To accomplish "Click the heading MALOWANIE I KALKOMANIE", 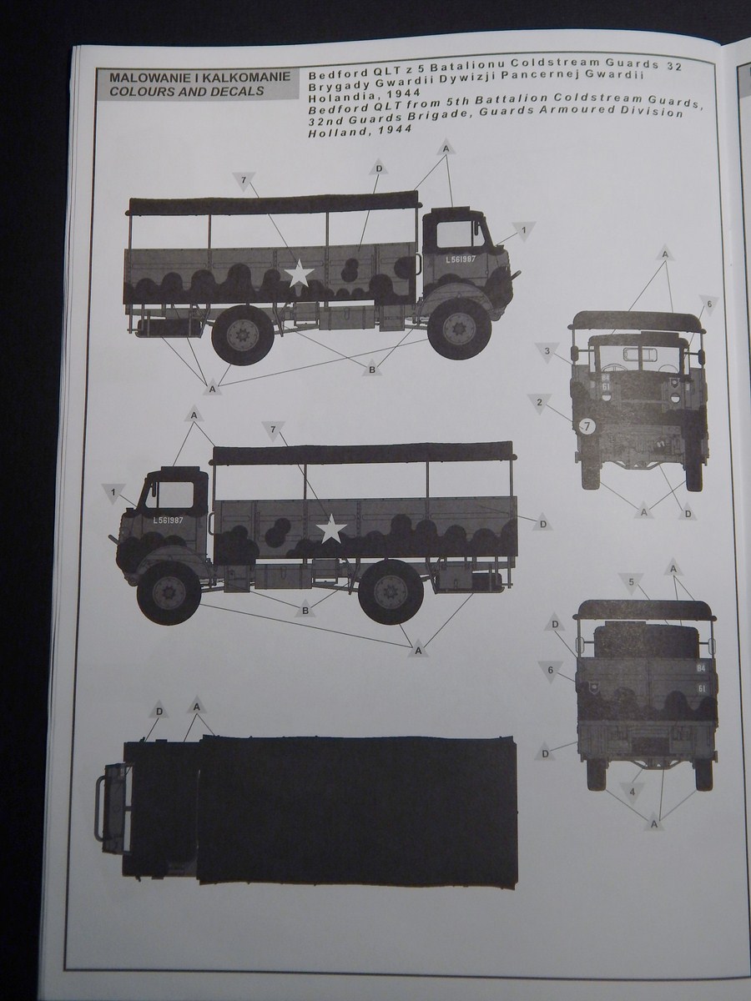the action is tap(194, 77).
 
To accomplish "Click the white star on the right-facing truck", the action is tap(298, 275).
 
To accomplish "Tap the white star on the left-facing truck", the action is tap(332, 527).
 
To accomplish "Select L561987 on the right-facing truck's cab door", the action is tap(461, 259).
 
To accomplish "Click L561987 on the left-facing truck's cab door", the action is tap(169, 519).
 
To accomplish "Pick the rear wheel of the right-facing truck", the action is tap(243, 334).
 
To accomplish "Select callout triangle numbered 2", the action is tap(540, 403).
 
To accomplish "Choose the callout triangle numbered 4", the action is tap(633, 791).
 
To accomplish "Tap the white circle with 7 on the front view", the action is tap(587, 427).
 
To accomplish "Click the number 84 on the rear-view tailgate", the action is tap(701, 667).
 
